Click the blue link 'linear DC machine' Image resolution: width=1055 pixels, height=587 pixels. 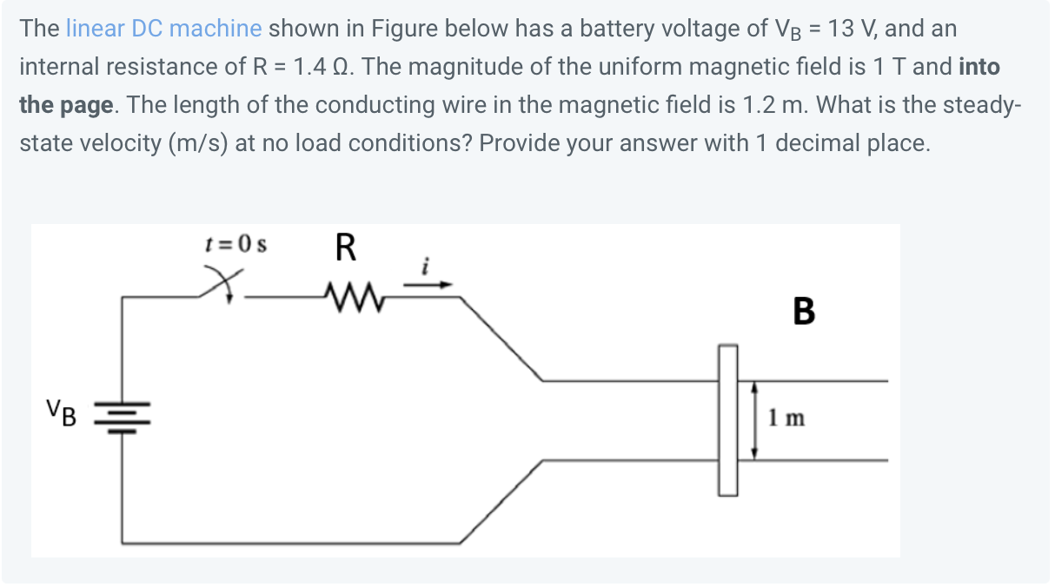click(163, 29)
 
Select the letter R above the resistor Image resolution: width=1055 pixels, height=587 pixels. click(345, 249)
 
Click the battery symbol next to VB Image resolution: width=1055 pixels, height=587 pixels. click(122, 415)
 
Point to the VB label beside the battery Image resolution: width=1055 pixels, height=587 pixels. click(61, 412)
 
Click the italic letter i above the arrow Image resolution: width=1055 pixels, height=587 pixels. click(426, 268)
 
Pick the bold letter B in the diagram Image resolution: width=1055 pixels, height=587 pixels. click(804, 311)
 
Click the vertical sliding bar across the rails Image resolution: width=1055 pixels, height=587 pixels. click(727, 419)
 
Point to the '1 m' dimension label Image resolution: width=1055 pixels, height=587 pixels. click(786, 419)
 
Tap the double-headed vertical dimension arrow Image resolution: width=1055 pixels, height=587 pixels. click(753, 419)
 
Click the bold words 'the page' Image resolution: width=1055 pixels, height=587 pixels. click(66, 105)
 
